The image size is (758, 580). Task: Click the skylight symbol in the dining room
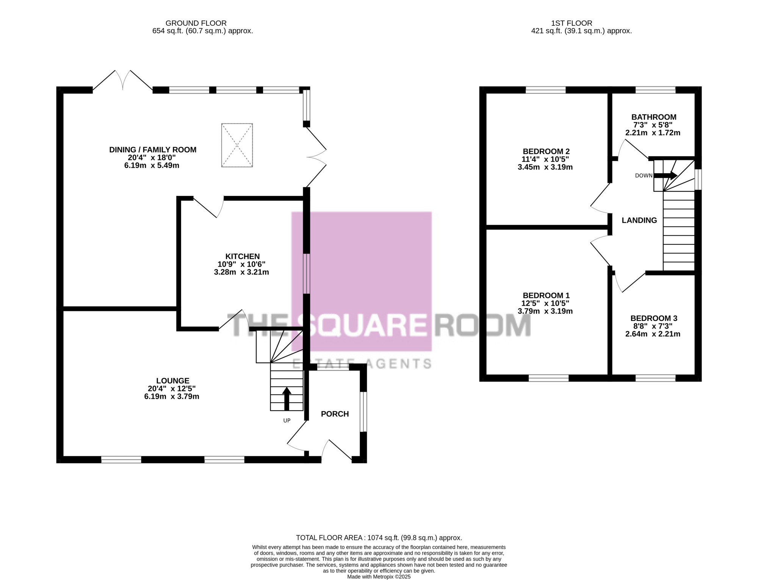(x=237, y=145)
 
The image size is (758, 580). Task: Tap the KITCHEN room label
(x=243, y=256)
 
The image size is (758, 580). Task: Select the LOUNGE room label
(x=173, y=381)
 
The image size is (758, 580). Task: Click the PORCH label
(x=335, y=414)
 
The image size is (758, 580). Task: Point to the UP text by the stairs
(x=287, y=421)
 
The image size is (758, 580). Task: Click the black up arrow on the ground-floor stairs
(x=287, y=399)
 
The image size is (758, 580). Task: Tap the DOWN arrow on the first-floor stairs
(x=666, y=175)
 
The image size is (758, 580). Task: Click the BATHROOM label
(x=654, y=117)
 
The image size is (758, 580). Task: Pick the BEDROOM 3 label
(x=654, y=318)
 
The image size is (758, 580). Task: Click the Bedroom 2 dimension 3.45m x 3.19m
(x=545, y=167)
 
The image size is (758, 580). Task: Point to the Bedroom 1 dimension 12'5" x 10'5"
(x=545, y=303)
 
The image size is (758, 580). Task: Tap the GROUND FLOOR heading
(x=196, y=23)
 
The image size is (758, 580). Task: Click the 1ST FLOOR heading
(x=572, y=23)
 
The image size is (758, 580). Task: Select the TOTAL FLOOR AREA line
(x=379, y=538)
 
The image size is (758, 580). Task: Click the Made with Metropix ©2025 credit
(x=379, y=577)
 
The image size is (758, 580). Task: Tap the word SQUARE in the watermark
(x=365, y=325)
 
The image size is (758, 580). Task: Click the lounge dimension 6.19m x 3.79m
(x=172, y=397)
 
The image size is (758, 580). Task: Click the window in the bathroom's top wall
(x=655, y=90)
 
